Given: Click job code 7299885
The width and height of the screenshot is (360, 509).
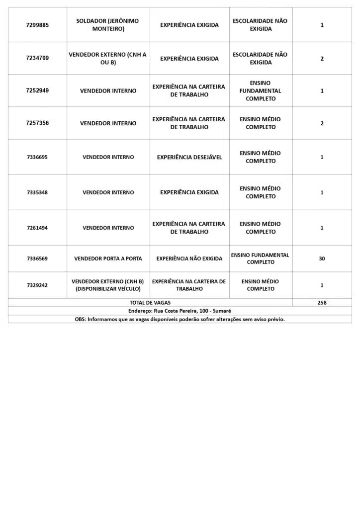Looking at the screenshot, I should tap(37, 25).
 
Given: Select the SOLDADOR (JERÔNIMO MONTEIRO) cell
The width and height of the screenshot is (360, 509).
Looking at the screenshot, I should tap(108, 25).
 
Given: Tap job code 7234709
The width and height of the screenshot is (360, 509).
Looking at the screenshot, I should tap(37, 58).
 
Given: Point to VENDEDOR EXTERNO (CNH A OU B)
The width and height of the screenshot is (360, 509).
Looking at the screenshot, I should tap(108, 58).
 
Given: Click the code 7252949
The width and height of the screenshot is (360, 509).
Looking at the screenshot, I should tap(37, 90).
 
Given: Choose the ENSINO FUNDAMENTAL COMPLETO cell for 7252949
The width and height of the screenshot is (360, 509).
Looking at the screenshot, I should tap(260, 91).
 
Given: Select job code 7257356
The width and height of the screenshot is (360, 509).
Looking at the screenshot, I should tap(37, 123).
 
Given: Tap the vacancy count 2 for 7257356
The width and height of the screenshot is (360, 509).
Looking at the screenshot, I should tap(322, 123).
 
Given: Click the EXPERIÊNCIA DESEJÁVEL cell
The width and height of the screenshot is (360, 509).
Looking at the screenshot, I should tap(189, 157).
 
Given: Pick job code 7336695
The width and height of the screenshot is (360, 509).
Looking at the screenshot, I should tap(37, 157).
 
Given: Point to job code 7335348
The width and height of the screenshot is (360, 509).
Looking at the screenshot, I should tap(37, 192).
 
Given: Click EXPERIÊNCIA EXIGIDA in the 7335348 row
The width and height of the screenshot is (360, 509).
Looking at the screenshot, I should tap(189, 192).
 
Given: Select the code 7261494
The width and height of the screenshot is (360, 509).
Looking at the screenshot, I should tap(37, 228).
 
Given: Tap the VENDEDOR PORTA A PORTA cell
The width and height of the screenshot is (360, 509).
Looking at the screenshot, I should tap(108, 258).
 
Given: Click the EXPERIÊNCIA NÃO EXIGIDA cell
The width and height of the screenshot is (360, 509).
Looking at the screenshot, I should tap(189, 258).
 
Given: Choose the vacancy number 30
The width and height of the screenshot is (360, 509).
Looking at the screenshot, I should tap(322, 258).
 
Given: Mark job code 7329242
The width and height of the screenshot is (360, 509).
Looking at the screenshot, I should tap(37, 285).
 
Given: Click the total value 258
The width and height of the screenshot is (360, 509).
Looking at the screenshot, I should tap(322, 302).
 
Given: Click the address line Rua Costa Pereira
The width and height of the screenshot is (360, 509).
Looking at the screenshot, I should tap(180, 311).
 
